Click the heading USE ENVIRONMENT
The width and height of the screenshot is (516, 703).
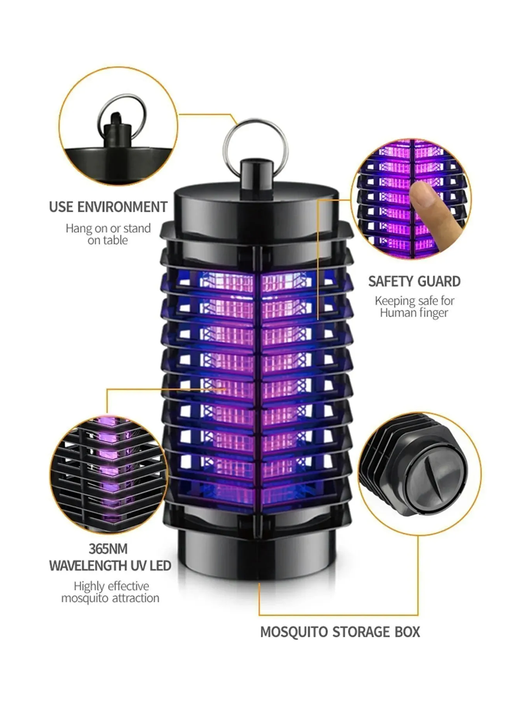(x=108, y=207)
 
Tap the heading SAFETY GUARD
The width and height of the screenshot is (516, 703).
(x=414, y=281)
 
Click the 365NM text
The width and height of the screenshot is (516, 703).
(x=108, y=549)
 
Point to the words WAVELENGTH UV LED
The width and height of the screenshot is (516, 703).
(x=110, y=566)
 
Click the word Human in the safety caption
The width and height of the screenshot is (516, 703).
(x=396, y=313)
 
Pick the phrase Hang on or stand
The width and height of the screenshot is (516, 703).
(x=108, y=228)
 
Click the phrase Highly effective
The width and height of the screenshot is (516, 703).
(x=111, y=586)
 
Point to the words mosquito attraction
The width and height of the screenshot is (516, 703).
(x=110, y=598)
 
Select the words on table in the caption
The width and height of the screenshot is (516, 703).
(x=108, y=241)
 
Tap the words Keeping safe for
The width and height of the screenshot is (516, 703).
(x=414, y=300)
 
